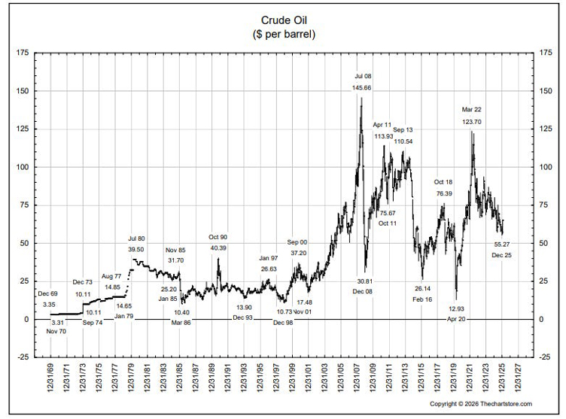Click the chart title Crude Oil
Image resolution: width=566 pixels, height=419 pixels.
point(282,20)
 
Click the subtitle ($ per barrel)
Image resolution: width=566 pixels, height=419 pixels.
point(282,35)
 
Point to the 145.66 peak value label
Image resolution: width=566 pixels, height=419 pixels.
point(363,88)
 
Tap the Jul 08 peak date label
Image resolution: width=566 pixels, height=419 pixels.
point(363,76)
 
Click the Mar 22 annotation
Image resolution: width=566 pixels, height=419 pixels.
point(472,109)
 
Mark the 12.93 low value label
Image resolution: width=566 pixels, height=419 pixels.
point(457,308)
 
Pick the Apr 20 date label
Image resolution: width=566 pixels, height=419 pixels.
point(457,319)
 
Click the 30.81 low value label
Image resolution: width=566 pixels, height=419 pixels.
point(364,281)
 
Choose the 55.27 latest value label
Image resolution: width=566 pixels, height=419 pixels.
point(502,244)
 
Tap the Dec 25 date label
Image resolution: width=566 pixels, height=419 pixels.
point(502,256)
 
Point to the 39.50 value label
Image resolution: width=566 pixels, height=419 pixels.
point(136,250)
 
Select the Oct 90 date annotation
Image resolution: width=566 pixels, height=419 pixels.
point(218,237)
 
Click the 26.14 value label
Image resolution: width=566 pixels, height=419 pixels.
point(423,288)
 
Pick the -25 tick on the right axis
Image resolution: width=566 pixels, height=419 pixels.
point(547,357)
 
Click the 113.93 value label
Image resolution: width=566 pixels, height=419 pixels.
point(383,136)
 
